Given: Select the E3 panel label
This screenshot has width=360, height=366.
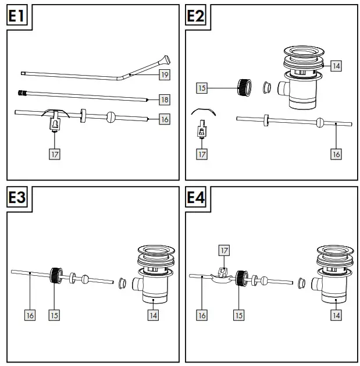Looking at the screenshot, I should pyautogui.click(x=17, y=198).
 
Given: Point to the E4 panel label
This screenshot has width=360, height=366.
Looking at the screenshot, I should pyautogui.click(x=195, y=198).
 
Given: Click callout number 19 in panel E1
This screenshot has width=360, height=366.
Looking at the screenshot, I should pyautogui.click(x=165, y=74).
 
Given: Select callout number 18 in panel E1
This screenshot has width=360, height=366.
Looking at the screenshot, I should pyautogui.click(x=165, y=100).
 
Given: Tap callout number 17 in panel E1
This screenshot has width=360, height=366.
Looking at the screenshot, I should pyautogui.click(x=54, y=154).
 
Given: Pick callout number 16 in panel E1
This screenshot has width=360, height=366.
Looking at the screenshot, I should pyautogui.click(x=165, y=119).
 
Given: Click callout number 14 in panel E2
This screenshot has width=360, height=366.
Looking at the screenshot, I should pyautogui.click(x=336, y=66).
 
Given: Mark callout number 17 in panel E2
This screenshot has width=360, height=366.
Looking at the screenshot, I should pyautogui.click(x=202, y=154).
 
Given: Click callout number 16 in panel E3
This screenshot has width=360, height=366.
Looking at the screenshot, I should pyautogui.click(x=30, y=315).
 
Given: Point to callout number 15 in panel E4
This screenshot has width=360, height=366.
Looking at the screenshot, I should pyautogui.click(x=238, y=315).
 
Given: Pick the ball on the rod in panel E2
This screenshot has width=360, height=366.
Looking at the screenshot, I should pyautogui.click(x=319, y=122).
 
